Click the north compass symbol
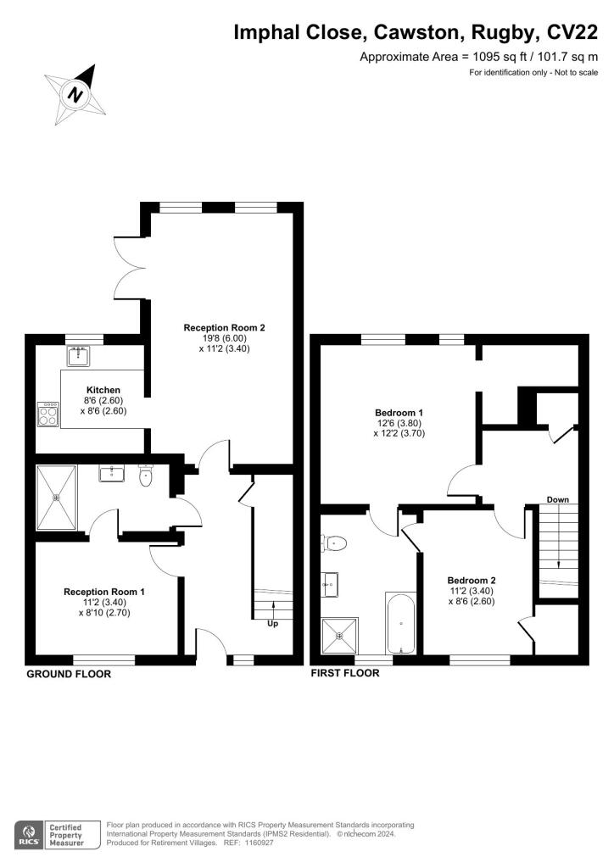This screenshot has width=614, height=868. point(76,92)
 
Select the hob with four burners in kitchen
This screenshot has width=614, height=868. point(48,415)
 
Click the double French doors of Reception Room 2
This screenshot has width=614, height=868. point(129,266)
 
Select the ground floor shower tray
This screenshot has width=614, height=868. point(56,498)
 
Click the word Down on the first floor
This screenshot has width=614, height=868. point(557,499)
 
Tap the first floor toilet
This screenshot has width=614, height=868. point(334,542)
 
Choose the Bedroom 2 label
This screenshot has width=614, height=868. point(471,581)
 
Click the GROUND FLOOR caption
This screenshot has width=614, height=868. point(69,675)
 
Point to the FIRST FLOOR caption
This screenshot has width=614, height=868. point(345,674)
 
